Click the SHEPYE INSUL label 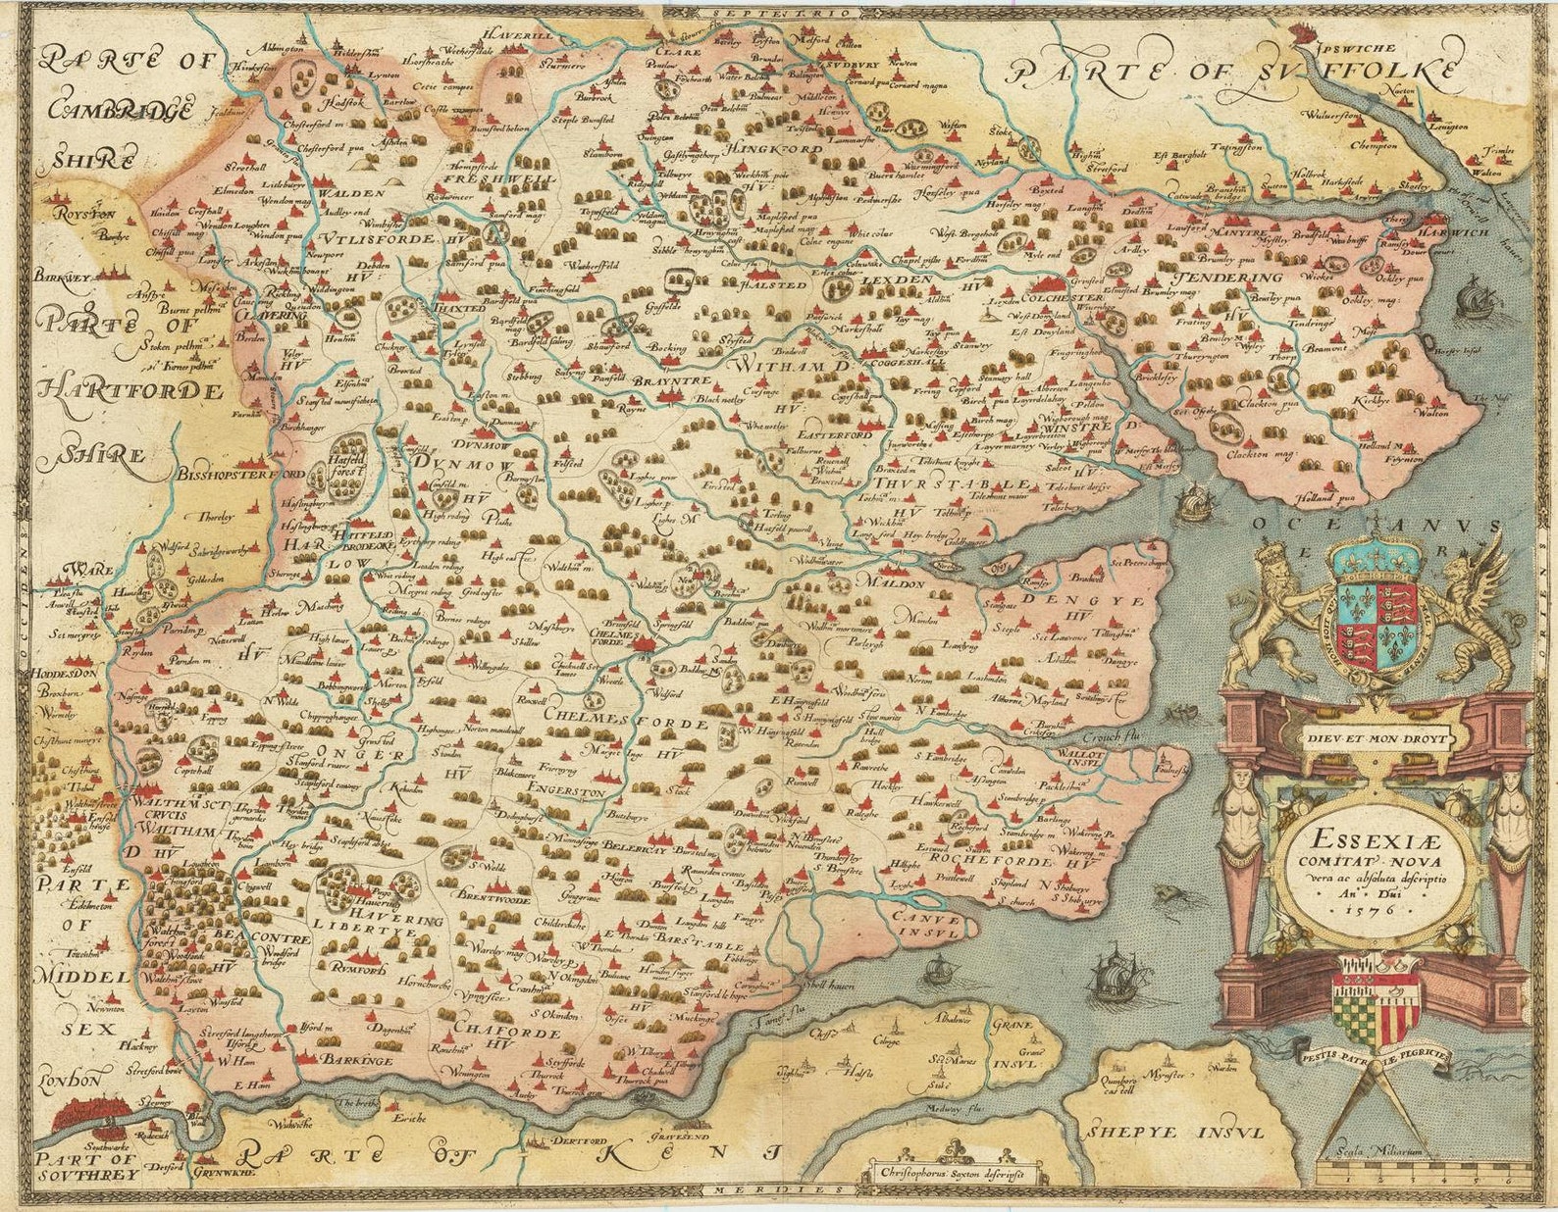[1175, 1131]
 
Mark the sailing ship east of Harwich [1474, 294]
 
